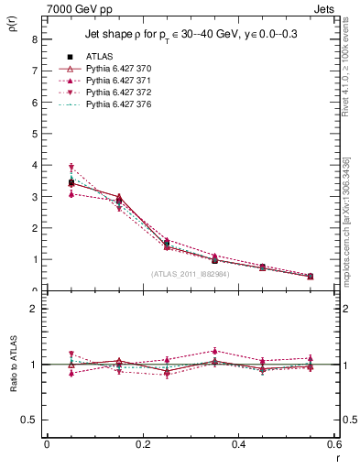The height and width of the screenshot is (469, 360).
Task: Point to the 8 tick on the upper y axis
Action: [x=34, y=39]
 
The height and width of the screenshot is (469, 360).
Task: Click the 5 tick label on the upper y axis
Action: [x=34, y=134]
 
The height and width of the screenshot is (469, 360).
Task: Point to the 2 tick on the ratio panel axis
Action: [x=34, y=309]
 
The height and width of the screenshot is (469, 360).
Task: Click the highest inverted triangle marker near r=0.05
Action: [x=71, y=168]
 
